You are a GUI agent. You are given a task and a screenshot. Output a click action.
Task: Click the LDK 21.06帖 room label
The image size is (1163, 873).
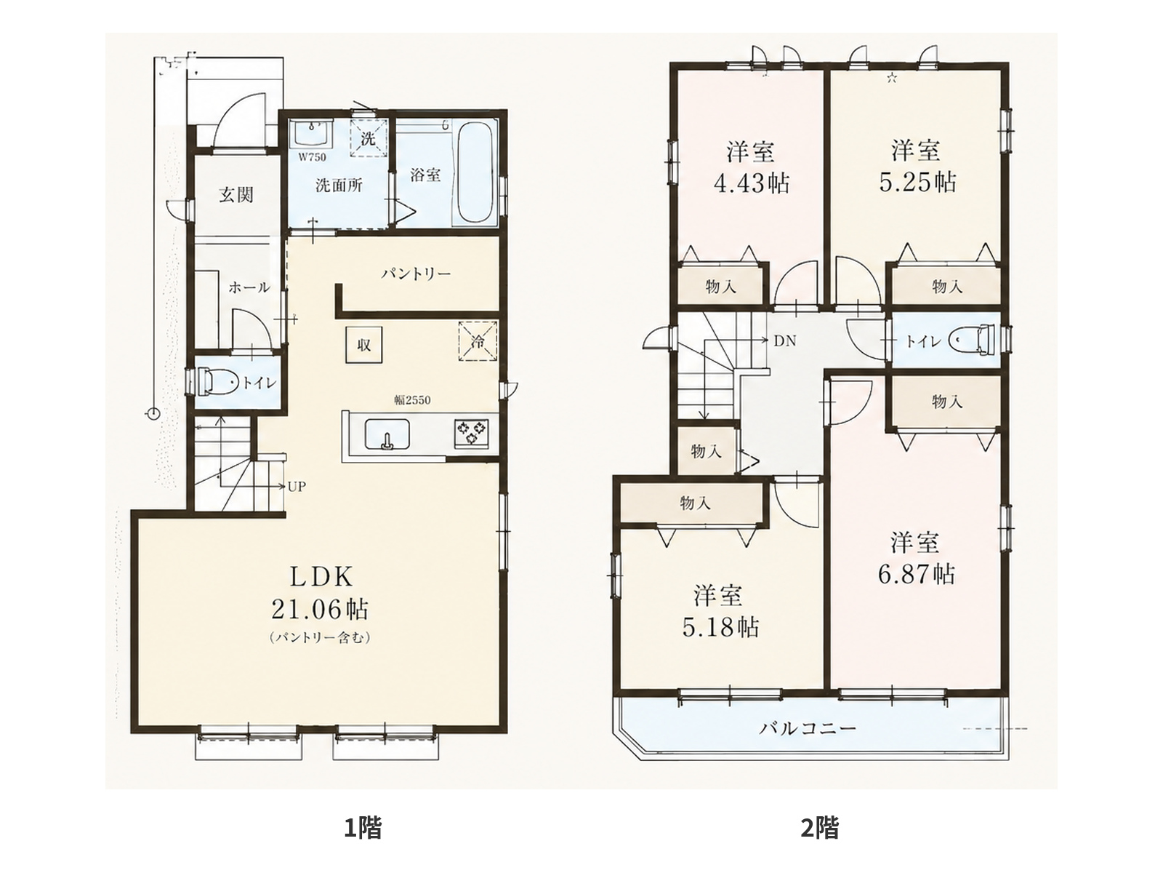click(320, 593)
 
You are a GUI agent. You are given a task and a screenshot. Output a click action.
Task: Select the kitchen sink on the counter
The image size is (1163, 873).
click(387, 434)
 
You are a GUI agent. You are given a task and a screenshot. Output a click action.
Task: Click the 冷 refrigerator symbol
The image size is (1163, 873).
click(478, 340)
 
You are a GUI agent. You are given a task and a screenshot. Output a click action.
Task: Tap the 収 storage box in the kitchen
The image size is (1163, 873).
click(363, 345)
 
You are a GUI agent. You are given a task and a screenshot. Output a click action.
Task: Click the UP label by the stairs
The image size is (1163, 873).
click(297, 487)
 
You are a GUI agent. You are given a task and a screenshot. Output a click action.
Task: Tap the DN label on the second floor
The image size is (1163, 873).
click(785, 340)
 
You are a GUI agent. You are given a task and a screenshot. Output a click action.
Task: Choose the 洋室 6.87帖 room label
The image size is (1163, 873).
click(916, 559)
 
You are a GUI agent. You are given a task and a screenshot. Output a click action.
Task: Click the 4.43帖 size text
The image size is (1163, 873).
click(752, 183)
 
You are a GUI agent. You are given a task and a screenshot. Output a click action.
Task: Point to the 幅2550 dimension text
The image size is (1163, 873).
click(412, 401)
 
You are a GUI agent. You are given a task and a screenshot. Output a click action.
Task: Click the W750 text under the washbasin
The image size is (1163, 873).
click(312, 157)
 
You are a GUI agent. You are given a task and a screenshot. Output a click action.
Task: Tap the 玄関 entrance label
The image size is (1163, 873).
click(236, 195)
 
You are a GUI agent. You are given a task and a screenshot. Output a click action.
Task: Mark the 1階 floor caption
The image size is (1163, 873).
click(363, 828)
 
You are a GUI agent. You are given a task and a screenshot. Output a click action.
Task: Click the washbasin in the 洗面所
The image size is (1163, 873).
click(313, 134)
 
